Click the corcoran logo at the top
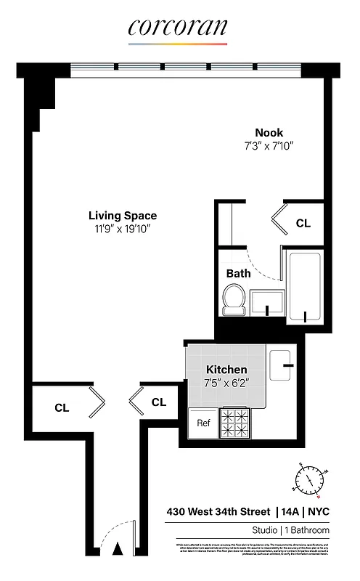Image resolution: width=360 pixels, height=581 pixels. pyautogui.click(x=179, y=28)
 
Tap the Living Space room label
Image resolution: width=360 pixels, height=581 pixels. pyautogui.click(x=123, y=216)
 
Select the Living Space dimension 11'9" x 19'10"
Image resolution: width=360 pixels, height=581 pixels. pyautogui.click(x=123, y=229)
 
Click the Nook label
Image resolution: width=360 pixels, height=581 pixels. pyautogui.click(x=269, y=132)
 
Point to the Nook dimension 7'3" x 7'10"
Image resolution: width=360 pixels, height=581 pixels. pyautogui.click(x=269, y=145)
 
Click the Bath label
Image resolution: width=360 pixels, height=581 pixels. pyautogui.click(x=238, y=274)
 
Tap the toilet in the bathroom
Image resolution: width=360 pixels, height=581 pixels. pyautogui.click(x=234, y=298)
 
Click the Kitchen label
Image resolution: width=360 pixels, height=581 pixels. pyautogui.click(x=226, y=370)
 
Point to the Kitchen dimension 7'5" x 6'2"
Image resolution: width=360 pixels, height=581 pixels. pyautogui.click(x=226, y=383)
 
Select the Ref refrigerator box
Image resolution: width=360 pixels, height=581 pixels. pyautogui.click(x=203, y=424)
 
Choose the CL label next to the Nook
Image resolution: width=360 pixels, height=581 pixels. pyautogui.click(x=303, y=224)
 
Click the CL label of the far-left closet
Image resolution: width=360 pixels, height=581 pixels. pyautogui.click(x=62, y=407)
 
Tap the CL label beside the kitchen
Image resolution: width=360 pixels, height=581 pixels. pyautogui.click(x=159, y=402)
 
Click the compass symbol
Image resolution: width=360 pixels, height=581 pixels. pyautogui.click(x=310, y=479)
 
